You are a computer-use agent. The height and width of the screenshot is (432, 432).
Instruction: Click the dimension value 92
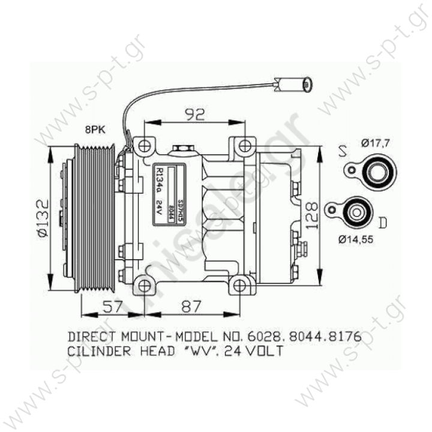(x=193, y=113)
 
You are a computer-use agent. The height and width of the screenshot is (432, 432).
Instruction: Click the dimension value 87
(x=191, y=307)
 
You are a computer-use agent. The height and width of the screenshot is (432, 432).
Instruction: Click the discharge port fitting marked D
(x=356, y=211)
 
